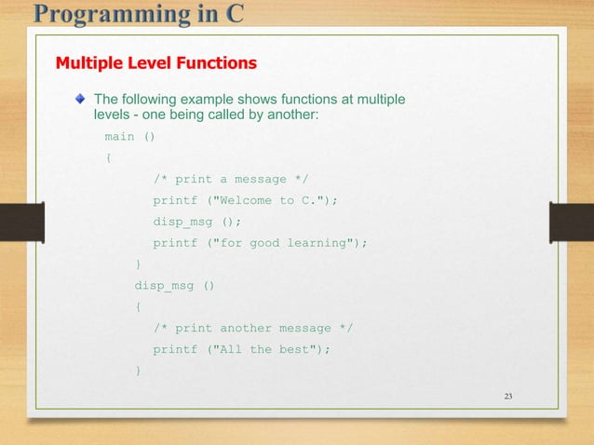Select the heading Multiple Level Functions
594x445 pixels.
156,64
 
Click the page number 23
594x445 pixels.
507,398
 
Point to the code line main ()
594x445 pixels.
129,136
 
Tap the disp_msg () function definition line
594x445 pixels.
174,285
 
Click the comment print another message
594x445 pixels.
253,328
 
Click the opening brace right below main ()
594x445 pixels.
109,157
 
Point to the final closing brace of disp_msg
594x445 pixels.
139,371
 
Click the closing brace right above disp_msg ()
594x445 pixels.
139,264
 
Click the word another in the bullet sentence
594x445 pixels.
292,115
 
